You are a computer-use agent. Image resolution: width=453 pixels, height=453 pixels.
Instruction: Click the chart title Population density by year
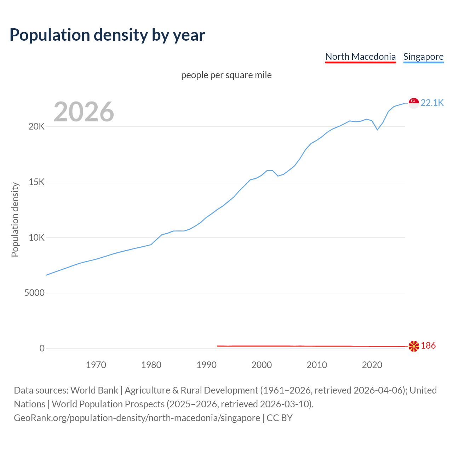click(x=107, y=35)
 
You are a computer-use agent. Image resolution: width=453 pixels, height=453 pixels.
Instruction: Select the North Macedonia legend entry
click(x=360, y=57)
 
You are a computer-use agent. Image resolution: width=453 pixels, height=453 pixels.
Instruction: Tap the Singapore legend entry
click(x=423, y=57)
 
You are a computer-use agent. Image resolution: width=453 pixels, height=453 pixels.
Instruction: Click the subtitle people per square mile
click(x=226, y=75)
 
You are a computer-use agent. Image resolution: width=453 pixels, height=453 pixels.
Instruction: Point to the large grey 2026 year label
click(x=84, y=112)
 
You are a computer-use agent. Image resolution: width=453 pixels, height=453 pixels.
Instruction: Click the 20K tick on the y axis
click(x=36, y=126)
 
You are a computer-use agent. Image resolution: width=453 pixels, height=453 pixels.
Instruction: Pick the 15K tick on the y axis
click(x=36, y=182)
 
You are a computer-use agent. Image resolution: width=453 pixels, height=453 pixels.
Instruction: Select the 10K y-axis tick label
click(x=36, y=237)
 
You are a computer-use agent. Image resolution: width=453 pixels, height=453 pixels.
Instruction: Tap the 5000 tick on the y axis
click(x=34, y=293)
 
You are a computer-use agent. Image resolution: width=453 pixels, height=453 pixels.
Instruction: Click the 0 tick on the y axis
click(x=42, y=349)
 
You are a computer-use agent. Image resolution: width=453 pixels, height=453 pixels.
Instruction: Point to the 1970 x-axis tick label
click(x=96, y=365)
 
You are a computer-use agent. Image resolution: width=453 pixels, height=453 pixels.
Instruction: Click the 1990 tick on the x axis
click(x=206, y=365)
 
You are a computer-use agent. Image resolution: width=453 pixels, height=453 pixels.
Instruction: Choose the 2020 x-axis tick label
click(x=372, y=365)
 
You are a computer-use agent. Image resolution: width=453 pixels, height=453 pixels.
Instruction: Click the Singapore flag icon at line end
click(x=414, y=103)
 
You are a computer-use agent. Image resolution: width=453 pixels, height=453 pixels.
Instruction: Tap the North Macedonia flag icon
click(x=414, y=346)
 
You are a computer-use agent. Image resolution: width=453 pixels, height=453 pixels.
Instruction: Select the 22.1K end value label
click(x=432, y=103)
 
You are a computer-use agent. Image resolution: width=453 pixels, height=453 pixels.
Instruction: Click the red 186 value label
click(x=428, y=346)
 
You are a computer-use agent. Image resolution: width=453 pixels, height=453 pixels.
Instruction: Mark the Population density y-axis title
click(x=15, y=219)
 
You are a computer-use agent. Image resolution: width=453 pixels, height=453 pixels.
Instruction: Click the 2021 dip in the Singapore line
click(x=377, y=130)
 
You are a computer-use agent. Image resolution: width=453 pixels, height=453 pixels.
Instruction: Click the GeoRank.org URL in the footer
click(x=137, y=418)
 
